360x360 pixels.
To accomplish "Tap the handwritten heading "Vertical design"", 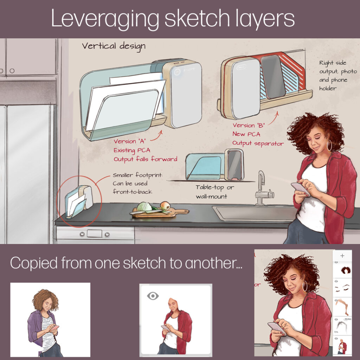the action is pyautogui.click(x=114, y=46).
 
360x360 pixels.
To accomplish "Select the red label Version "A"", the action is pyautogui.click(x=129, y=141).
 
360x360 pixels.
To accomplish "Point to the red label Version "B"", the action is pyautogui.click(x=249, y=125).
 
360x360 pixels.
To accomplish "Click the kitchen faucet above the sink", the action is pyautogui.click(x=263, y=188).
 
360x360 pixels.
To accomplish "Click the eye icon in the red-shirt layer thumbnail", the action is pyautogui.click(x=153, y=296).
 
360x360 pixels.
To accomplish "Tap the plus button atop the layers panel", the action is pyautogui.click(x=342, y=256).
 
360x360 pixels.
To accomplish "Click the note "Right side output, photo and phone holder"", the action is pyautogui.click(x=338, y=76).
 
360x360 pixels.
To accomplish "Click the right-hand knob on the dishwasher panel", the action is pyautogui.click(x=107, y=234).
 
